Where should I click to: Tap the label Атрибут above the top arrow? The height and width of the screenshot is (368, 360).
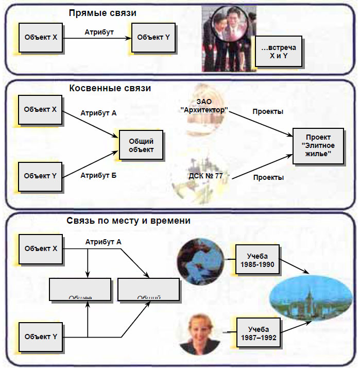99,32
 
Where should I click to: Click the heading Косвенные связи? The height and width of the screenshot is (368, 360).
110,88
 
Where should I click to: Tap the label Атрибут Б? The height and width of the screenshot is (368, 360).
98,175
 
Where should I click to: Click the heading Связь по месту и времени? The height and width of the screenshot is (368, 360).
129,220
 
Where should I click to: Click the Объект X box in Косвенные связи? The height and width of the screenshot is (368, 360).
41,109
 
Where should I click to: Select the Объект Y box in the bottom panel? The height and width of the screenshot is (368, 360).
41,337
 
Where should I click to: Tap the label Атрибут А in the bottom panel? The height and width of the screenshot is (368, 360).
104,241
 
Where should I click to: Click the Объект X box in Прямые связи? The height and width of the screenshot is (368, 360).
41,37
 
